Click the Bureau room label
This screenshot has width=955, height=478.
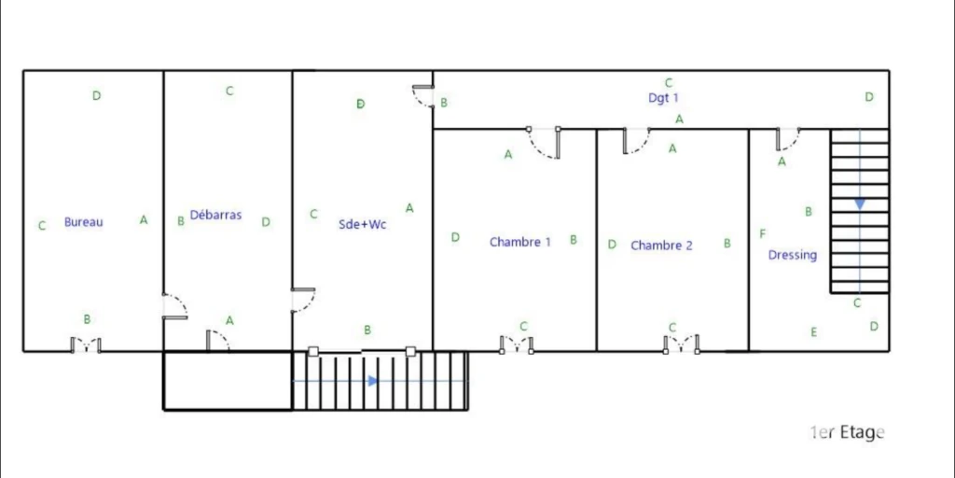[x=83, y=222]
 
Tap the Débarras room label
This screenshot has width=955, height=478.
[x=215, y=215]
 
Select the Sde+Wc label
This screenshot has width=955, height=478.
[x=363, y=224]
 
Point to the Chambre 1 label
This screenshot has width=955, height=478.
[x=520, y=242]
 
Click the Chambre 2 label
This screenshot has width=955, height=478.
[x=661, y=246]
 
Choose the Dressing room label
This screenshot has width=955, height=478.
[x=793, y=256]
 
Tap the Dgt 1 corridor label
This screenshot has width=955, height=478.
[x=663, y=97]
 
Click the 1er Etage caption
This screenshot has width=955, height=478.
[x=847, y=432]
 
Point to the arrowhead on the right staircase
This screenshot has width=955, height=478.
[x=859, y=204]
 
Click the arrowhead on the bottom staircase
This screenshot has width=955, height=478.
[x=373, y=381]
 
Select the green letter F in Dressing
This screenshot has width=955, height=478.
[x=763, y=233]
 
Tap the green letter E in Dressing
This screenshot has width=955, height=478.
[x=813, y=332]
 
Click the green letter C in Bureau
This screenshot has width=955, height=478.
[x=42, y=226]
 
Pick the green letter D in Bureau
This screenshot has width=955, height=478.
[x=96, y=96]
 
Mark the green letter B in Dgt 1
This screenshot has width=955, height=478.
[x=444, y=103]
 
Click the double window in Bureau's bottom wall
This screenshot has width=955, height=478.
[x=86, y=345]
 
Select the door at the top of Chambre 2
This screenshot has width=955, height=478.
[x=636, y=141]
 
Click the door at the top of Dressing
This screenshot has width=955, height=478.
[x=788, y=139]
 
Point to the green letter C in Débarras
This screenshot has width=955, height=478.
[x=229, y=91]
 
